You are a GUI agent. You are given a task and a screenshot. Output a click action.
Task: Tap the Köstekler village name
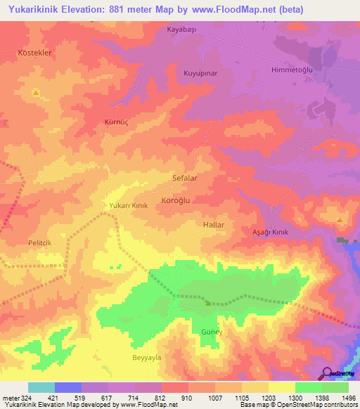[35, 53]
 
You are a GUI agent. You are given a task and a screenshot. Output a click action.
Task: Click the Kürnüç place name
[117, 122]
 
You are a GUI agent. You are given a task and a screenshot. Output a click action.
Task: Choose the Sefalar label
[185, 178]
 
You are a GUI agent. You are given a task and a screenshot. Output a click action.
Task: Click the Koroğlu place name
[176, 200]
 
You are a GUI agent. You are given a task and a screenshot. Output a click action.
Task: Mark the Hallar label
[213, 225]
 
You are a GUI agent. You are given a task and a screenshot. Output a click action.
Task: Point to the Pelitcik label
[41, 242]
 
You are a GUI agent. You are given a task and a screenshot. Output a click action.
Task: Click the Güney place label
[212, 331]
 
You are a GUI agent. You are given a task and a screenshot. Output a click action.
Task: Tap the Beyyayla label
[147, 358]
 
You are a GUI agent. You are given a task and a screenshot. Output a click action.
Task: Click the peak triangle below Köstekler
[35, 92]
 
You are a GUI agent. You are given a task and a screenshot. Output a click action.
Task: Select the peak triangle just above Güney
[207, 304]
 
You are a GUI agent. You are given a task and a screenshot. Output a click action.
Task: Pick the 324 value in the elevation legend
[20, 398]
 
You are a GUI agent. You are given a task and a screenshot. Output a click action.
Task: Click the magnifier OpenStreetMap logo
[326, 372]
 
